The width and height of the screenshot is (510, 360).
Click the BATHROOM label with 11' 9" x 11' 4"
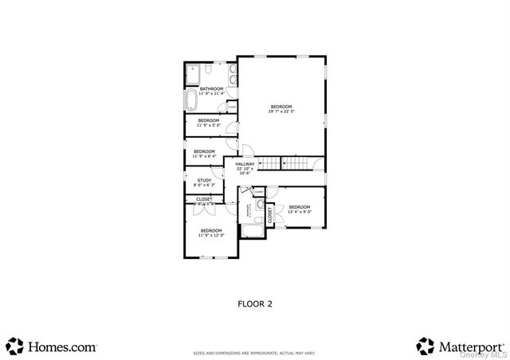coord(211,91)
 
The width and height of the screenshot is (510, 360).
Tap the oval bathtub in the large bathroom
coord(191,101)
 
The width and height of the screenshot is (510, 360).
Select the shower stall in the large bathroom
coord(193,75)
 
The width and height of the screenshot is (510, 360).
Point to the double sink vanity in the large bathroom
coord(230,76)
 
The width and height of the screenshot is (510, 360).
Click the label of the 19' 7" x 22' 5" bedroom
coord(281,109)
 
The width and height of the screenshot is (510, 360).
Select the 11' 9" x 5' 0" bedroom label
coord(208,123)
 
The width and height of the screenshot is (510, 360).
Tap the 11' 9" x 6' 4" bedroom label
coord(204,153)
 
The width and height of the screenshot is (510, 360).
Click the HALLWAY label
coord(245,168)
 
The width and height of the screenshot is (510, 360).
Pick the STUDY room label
coord(205,182)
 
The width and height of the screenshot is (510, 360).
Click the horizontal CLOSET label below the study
coord(204,200)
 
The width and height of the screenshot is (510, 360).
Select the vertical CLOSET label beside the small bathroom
coord(270,214)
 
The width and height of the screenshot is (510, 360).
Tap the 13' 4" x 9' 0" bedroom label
coord(299,209)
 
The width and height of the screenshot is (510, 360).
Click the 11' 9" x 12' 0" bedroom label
coord(211,233)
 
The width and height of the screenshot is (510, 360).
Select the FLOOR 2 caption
coord(255,303)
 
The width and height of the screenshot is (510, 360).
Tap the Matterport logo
coord(461,346)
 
